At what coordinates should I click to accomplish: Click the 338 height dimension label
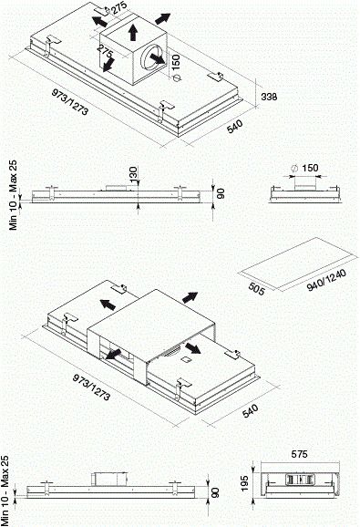[x=270, y=97]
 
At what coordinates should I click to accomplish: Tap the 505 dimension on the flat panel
[x=257, y=289]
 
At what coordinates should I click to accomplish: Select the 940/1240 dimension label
[x=326, y=280]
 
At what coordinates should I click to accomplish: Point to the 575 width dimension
[x=299, y=454]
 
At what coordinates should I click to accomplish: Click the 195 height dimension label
[x=245, y=483]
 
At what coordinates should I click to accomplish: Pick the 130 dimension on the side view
[x=133, y=175]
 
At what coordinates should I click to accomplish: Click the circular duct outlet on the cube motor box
[x=152, y=57]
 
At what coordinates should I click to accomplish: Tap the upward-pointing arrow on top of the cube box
[x=133, y=32]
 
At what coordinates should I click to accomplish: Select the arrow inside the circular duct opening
[x=157, y=58]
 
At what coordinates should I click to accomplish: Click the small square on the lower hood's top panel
[x=185, y=359]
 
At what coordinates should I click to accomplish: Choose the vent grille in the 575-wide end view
[x=300, y=479]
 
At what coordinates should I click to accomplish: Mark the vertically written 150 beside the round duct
[x=176, y=62]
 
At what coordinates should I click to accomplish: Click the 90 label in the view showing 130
[x=221, y=193]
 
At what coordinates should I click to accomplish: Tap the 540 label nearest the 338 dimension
[x=234, y=127]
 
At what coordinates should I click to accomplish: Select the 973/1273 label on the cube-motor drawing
[x=70, y=101]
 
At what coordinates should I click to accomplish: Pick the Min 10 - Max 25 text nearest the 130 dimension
[x=13, y=195]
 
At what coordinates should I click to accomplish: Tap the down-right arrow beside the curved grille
[x=193, y=348]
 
